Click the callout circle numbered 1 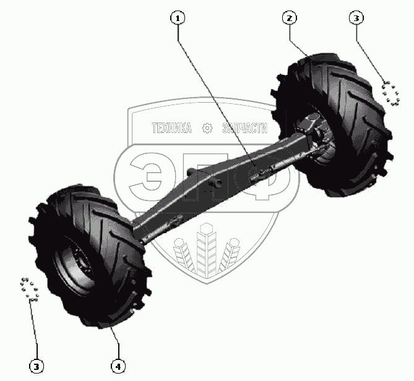tap(178, 19)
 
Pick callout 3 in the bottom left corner tap(38, 366)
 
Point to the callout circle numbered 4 tap(118, 366)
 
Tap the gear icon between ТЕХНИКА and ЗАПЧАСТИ tap(207, 128)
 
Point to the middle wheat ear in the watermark tap(206, 250)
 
